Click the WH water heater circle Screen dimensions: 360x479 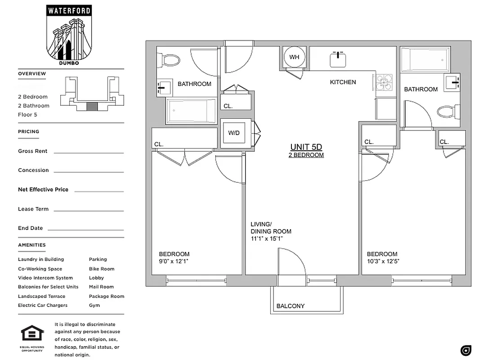294,57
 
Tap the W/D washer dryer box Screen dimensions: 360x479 234,133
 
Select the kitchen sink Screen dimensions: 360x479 338,59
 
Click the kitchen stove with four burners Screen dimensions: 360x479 384,82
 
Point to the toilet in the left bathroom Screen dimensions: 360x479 170,60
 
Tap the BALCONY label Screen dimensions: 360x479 290,306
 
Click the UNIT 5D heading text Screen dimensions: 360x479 306,147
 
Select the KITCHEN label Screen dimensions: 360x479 343,82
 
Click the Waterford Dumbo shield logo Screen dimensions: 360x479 68,34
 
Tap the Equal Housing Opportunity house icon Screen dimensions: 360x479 32,334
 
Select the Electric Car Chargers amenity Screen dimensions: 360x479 43,305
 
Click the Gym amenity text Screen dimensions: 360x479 94,305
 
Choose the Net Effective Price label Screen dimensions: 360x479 43,189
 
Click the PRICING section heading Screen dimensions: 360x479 28,131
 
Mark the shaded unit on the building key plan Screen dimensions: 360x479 92,106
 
